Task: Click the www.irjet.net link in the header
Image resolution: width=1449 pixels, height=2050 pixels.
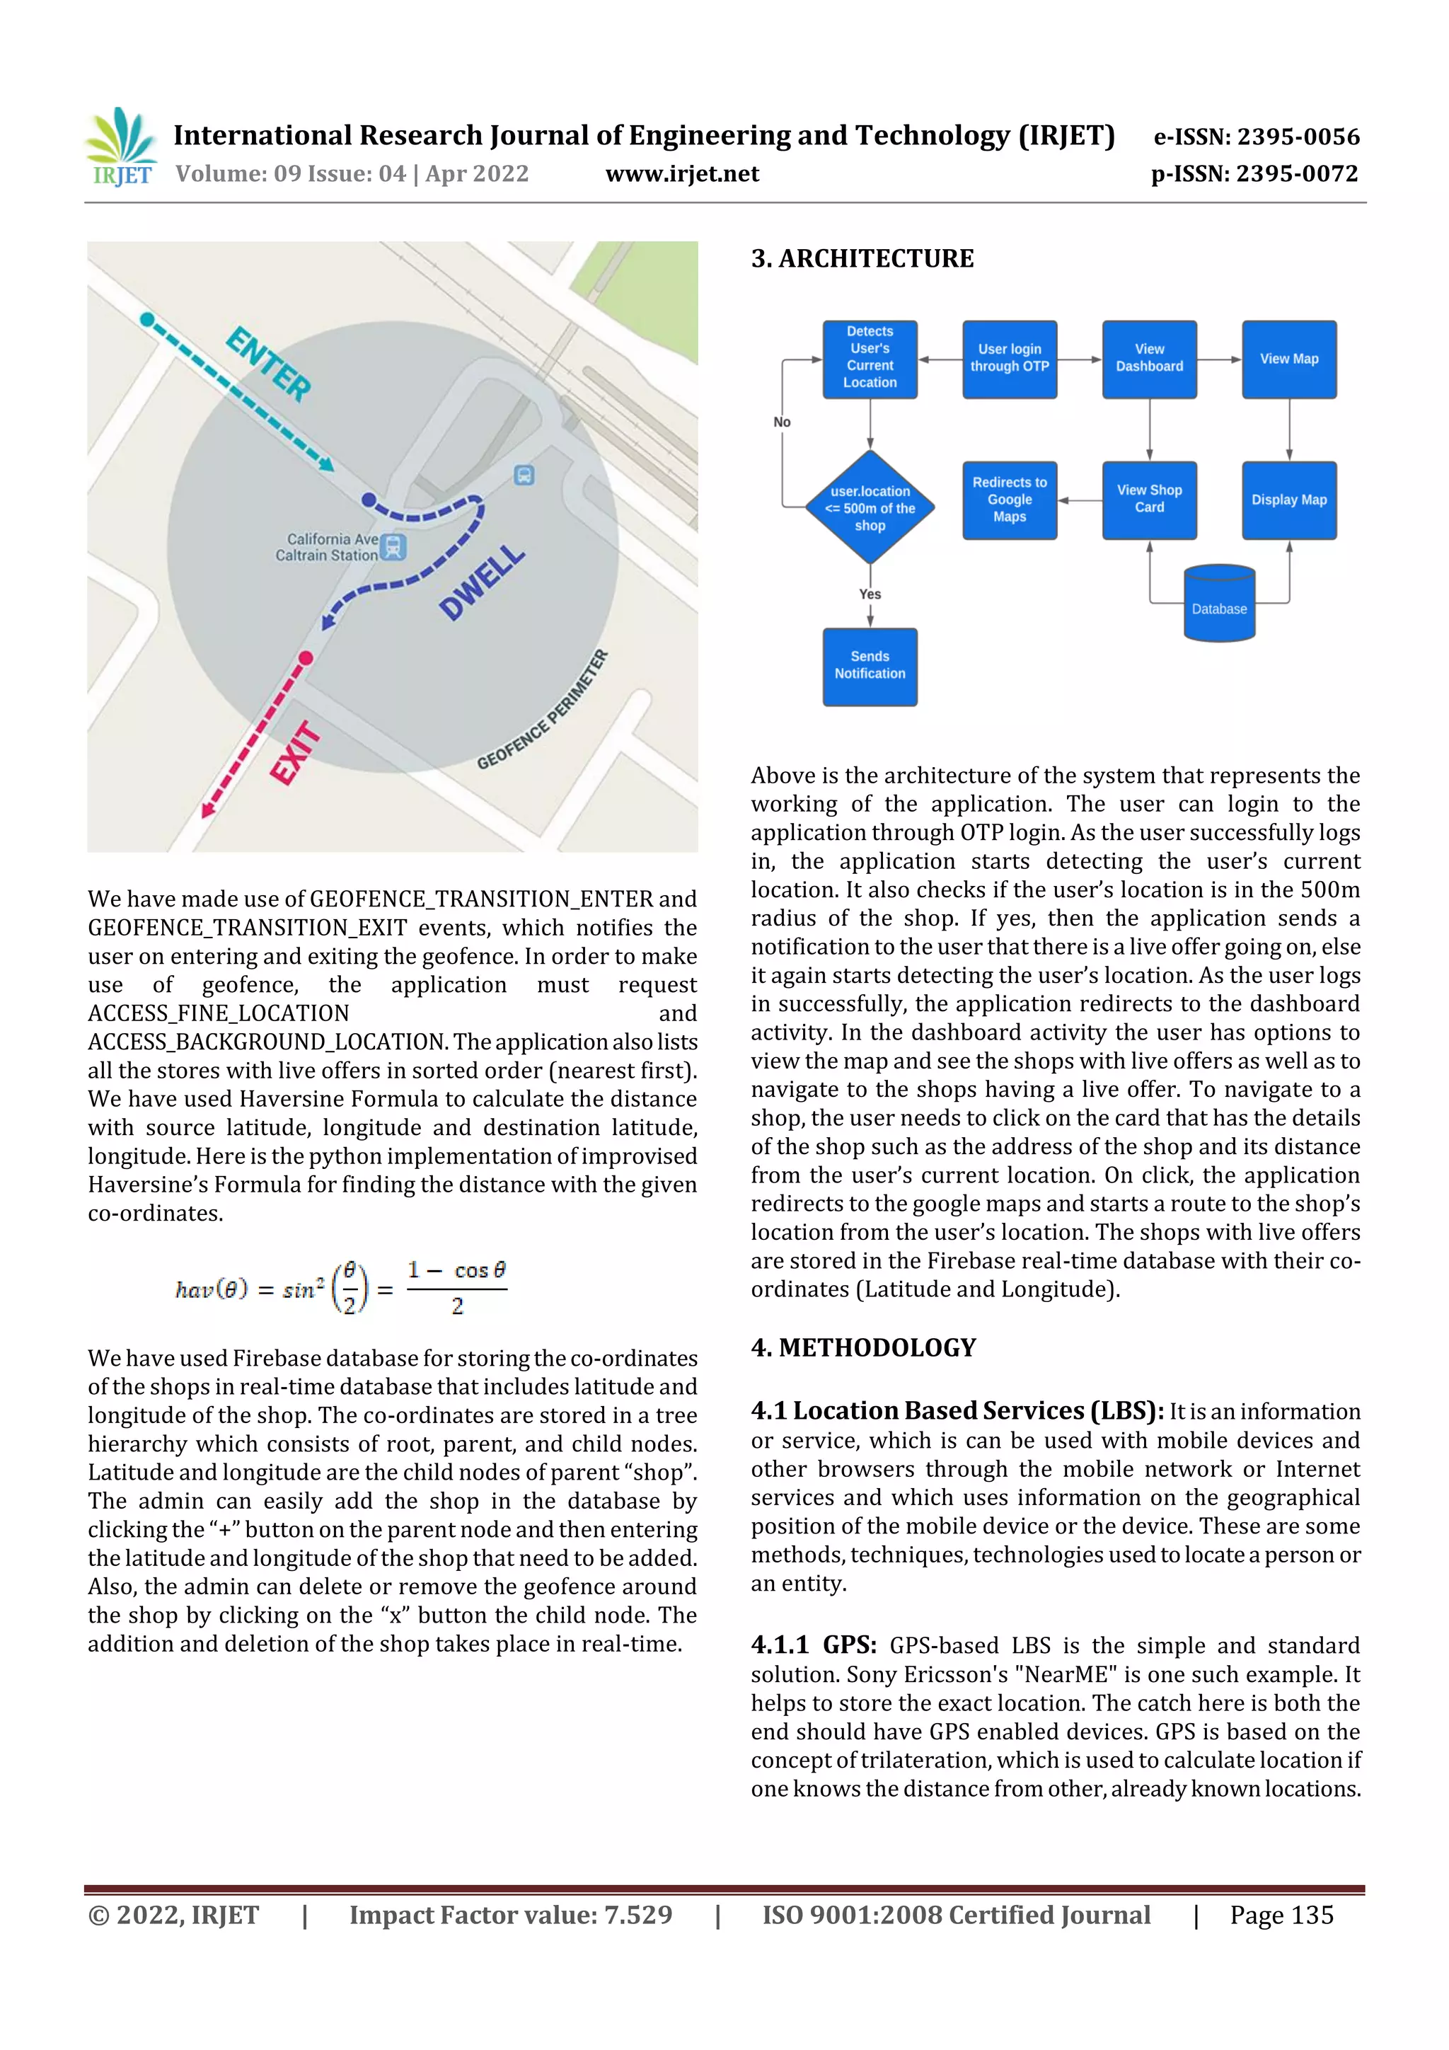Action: tap(682, 174)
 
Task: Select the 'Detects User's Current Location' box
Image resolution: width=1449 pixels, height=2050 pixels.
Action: tap(870, 358)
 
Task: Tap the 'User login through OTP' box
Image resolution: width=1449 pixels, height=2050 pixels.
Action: tap(1009, 358)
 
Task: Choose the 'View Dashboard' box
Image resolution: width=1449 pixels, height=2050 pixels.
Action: tap(1149, 358)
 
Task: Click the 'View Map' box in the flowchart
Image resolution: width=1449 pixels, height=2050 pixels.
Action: tap(1288, 358)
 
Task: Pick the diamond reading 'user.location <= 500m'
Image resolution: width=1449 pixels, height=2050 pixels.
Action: tap(870, 508)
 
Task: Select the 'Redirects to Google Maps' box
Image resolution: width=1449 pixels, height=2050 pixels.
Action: tap(1009, 500)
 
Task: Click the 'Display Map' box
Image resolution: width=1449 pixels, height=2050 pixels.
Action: tap(1288, 500)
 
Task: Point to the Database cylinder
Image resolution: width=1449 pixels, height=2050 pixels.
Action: tap(1218, 604)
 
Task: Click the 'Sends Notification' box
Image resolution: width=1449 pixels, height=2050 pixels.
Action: tap(870, 666)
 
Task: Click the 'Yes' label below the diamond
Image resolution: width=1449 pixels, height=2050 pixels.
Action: tap(870, 594)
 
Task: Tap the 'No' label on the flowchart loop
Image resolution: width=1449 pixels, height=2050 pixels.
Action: tap(782, 422)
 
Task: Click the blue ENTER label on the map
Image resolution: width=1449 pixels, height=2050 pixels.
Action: tap(269, 364)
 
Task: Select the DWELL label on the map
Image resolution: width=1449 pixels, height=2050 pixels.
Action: tap(482, 582)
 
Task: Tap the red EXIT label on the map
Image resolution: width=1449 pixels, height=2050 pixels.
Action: tap(296, 753)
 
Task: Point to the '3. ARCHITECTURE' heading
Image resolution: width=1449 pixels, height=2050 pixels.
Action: tap(862, 259)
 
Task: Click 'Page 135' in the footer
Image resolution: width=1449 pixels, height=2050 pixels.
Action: tap(1281, 1914)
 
